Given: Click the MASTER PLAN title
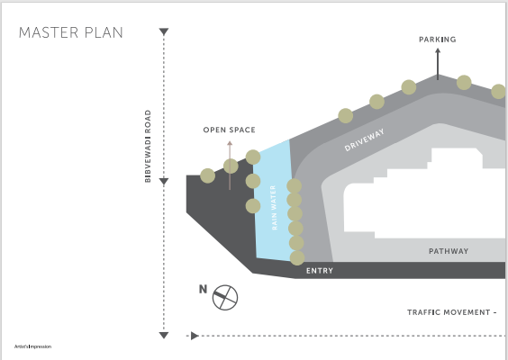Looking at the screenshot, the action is [71, 32].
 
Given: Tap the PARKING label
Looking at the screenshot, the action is [438, 40].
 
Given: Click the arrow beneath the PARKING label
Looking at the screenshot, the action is [438, 64].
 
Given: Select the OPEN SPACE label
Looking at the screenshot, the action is [230, 130].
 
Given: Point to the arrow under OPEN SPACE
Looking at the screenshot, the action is [230, 165].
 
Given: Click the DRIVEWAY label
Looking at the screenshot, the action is [364, 139].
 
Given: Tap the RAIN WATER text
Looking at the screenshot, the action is [274, 208].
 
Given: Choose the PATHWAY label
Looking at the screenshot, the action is [449, 251].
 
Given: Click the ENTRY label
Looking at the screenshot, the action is [320, 271].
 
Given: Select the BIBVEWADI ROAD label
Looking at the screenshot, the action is [148, 146].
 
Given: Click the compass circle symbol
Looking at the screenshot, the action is [225, 298].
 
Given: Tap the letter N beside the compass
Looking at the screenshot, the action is [203, 289].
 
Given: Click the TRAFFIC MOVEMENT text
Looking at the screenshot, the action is [452, 312].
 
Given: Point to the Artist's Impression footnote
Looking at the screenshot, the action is [32, 346].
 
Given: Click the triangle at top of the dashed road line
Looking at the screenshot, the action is [164, 31].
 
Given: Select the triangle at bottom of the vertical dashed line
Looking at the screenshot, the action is [164, 335].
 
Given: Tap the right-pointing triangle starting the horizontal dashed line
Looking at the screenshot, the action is [195, 336].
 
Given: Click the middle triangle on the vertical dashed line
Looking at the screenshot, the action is [164, 181].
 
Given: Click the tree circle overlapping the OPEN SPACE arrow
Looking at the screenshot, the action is [231, 166].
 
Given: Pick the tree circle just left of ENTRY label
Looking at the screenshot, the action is [297, 257].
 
